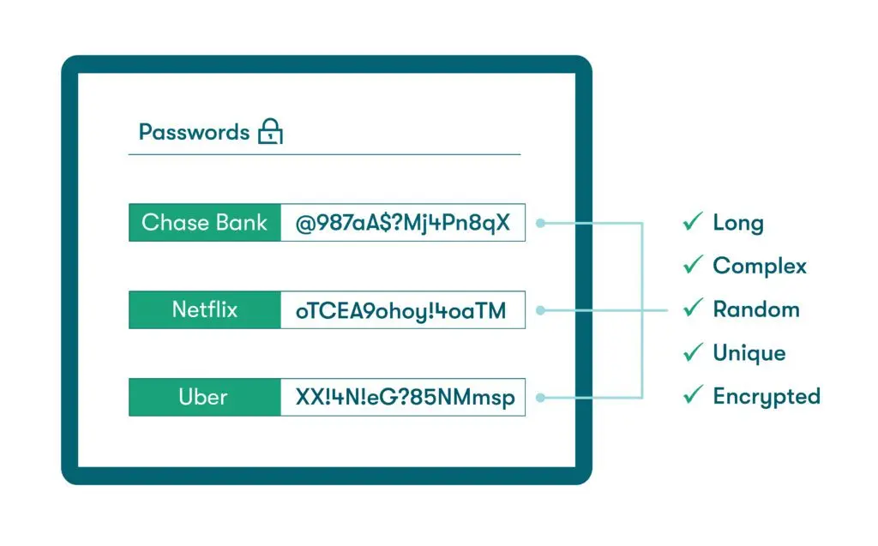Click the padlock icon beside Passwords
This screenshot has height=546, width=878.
pos(270,132)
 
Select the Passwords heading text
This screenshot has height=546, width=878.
pos(194,132)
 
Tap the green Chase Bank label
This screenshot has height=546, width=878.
pos(204,223)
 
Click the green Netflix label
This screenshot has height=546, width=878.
pos(204,309)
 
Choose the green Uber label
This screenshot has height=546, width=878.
pos(204,397)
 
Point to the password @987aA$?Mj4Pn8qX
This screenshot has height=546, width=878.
pos(403,223)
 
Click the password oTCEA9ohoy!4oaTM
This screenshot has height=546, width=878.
pos(401,310)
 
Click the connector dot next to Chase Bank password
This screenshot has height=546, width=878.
pos(541,223)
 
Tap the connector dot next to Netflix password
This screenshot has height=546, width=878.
pos(541,310)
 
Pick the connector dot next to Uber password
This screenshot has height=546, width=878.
pos(541,398)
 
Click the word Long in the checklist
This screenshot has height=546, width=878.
pos(738,223)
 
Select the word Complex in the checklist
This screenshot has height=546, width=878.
pos(760,266)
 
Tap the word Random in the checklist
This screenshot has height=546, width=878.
pos(756,309)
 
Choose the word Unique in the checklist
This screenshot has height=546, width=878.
pos(749,353)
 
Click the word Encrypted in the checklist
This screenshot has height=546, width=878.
pos(767,396)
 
